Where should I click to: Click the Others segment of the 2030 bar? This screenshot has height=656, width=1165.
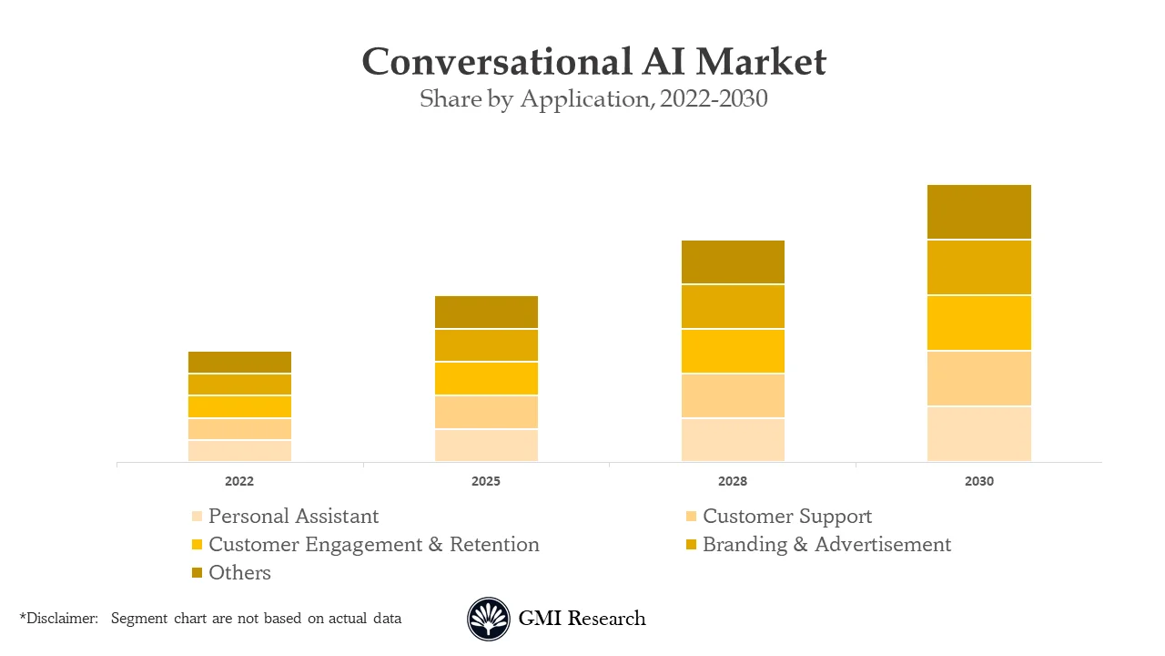[x=978, y=211]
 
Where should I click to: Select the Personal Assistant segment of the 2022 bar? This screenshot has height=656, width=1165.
[x=239, y=451]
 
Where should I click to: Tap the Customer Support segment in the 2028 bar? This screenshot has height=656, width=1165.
[x=733, y=395]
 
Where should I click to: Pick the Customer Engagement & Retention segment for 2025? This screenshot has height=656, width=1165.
[x=486, y=378]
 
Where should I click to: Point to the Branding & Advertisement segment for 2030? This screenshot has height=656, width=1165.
[x=978, y=267]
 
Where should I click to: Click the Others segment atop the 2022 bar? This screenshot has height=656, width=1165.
[x=239, y=362]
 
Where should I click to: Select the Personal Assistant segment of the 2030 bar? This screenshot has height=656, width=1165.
[x=978, y=434]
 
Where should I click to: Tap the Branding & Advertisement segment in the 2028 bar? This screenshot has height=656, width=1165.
[x=733, y=306]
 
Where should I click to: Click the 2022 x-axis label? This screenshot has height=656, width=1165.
[x=239, y=481]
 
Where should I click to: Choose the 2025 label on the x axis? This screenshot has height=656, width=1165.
[x=486, y=481]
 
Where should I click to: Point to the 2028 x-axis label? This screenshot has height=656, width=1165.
[x=733, y=481]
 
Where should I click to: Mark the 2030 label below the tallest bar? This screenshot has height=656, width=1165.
[x=978, y=481]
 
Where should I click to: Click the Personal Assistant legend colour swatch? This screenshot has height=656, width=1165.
[x=197, y=517]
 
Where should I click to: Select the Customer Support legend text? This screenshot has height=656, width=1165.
[x=786, y=517]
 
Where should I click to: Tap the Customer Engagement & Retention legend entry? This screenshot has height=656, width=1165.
[x=373, y=545]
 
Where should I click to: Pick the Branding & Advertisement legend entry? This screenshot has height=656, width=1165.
[x=826, y=545]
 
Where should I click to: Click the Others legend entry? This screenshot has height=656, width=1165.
[x=239, y=573]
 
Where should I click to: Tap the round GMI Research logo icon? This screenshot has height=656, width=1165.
[x=489, y=619]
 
